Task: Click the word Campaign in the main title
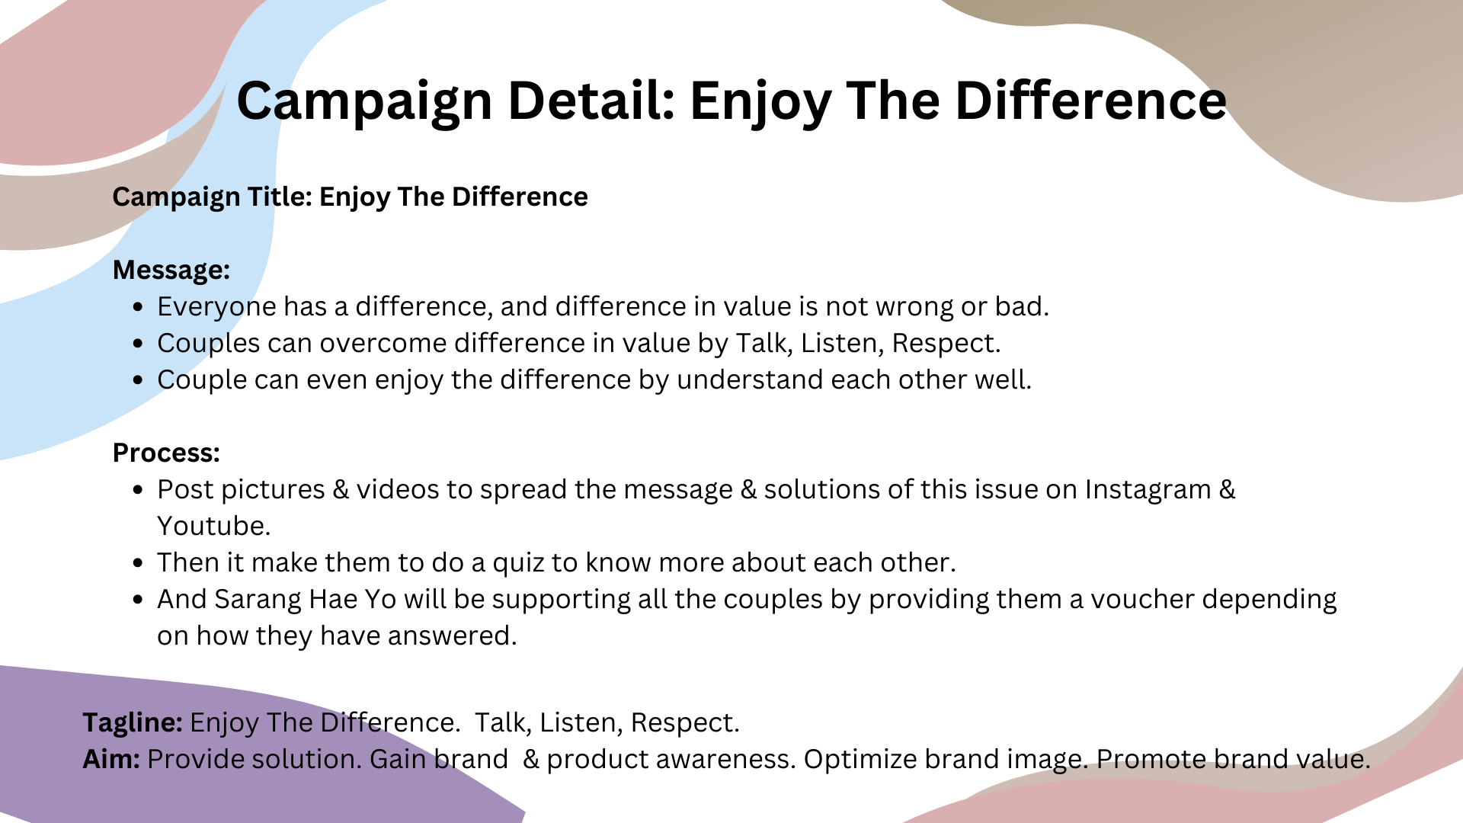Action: [365, 101]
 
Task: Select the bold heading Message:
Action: [171, 270]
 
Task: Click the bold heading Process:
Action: [166, 453]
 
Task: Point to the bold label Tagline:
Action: [133, 722]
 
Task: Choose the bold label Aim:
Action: [111, 759]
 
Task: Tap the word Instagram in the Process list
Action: [1148, 490]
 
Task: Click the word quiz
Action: [518, 563]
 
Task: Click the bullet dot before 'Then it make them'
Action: [138, 563]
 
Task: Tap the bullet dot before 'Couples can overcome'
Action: [138, 344]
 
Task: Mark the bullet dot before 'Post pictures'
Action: [138, 490]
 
